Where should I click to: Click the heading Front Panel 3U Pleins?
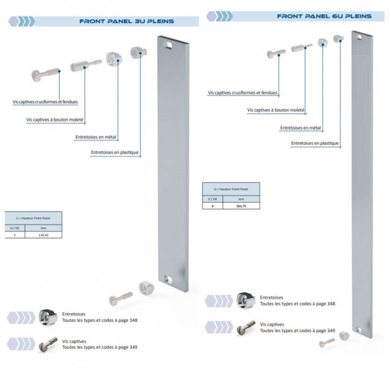pyautogui.click(x=126, y=22)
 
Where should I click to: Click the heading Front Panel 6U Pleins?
pyautogui.click(x=324, y=16)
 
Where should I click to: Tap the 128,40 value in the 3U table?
pyautogui.click(x=43, y=236)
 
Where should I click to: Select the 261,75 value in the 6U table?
pyautogui.click(x=241, y=206)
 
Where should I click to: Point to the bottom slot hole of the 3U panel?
pyautogui.click(x=169, y=279)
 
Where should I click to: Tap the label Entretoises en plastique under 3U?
pyautogui.click(x=115, y=153)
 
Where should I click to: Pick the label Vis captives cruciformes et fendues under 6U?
pyautogui.click(x=242, y=93)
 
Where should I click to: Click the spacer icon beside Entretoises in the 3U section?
pyautogui.click(x=48, y=316)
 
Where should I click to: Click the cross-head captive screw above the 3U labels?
pyautogui.click(x=45, y=76)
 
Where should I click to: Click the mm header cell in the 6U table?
pyautogui.click(x=241, y=198)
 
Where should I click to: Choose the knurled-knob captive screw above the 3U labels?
pyautogui.click(x=85, y=65)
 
